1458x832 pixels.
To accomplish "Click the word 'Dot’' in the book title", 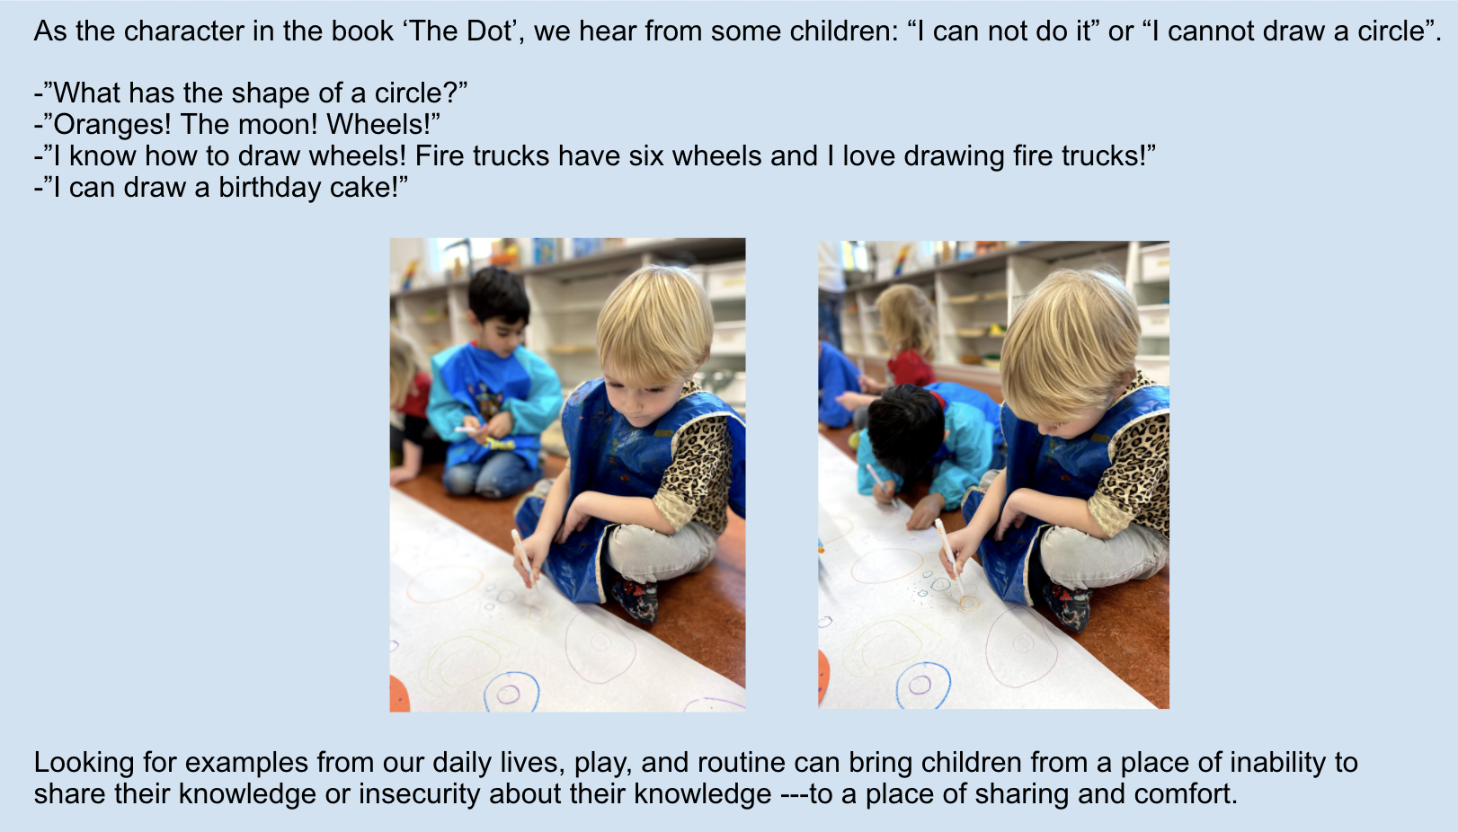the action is pyautogui.click(x=491, y=31).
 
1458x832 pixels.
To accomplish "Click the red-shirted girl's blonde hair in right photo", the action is pyautogui.click(x=907, y=321).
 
